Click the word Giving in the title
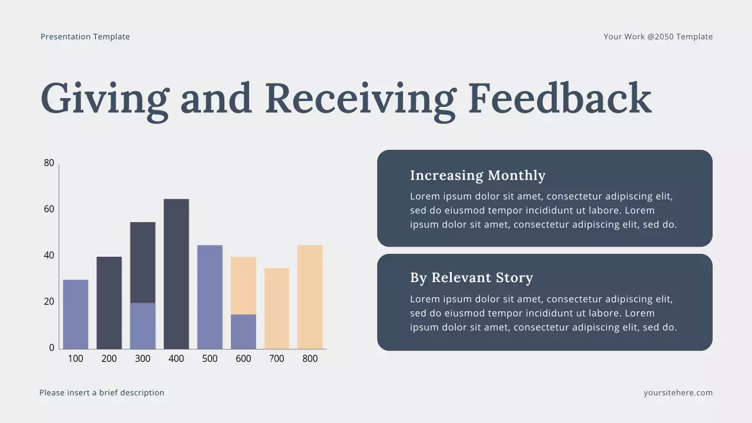point(105,98)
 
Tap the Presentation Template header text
point(85,36)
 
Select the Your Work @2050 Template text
point(658,36)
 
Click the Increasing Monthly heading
point(478,175)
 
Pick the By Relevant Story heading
point(471,277)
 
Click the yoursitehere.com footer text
point(678,392)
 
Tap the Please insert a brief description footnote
point(102,392)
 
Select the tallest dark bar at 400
point(176,274)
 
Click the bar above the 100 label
point(76,314)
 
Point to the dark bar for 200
point(109,303)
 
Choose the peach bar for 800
point(310,297)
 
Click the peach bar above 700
point(277,308)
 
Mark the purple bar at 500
point(210,297)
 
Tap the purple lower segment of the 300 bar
point(143,326)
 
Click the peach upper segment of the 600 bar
point(243,286)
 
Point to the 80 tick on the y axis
point(49,163)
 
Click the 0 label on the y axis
point(52,348)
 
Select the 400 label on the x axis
point(176,358)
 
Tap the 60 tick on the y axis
point(49,209)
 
